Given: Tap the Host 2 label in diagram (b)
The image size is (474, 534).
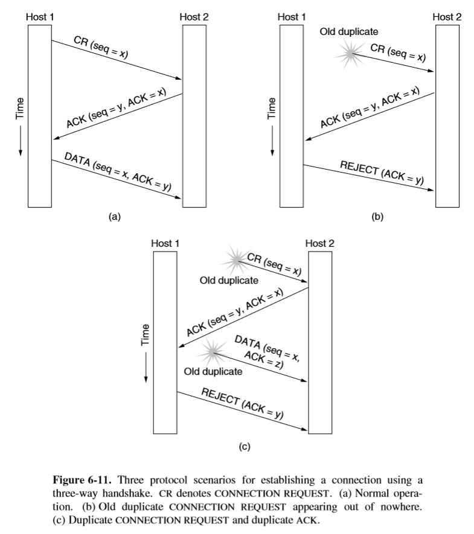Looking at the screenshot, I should tap(447, 17).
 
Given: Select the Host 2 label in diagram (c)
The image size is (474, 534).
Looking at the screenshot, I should tap(319, 243).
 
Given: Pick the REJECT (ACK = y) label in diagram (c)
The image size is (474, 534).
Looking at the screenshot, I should tap(242, 402).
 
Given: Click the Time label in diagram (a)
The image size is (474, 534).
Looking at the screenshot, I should tap(19, 107).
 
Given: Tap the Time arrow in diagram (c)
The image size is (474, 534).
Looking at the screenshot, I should tap(146, 368).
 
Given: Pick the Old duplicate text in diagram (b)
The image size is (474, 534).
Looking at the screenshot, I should tap(353, 31).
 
